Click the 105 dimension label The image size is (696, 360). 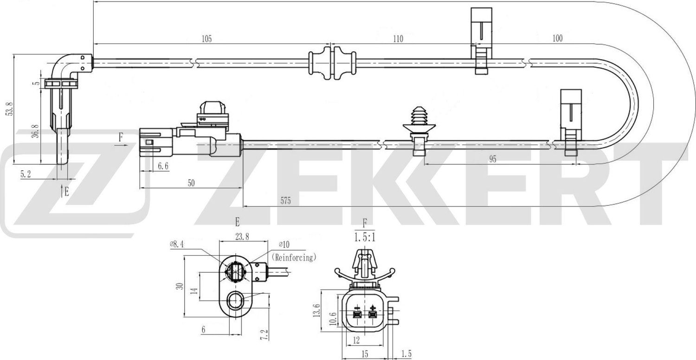(207, 39)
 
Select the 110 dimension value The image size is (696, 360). (398, 39)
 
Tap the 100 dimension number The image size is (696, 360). (558, 39)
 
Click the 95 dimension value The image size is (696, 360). (493, 159)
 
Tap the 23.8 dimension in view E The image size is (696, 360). (242, 237)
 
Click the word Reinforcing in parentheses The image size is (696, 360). (294, 257)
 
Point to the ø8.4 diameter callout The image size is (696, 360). (178, 244)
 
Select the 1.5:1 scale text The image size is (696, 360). (364, 238)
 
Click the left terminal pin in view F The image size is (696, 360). (357, 315)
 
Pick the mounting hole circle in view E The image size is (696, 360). (235, 302)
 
